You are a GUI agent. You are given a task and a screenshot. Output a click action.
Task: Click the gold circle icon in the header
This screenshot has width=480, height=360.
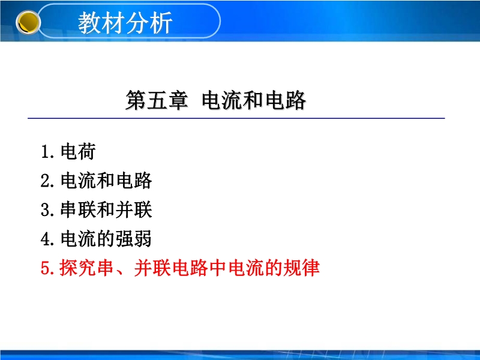(28, 22)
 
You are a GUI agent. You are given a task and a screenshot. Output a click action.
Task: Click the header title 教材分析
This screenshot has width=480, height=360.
(125, 23)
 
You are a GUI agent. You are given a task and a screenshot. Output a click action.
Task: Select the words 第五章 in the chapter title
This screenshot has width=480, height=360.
(157, 100)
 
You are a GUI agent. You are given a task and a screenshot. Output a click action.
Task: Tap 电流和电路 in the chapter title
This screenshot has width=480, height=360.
(253, 100)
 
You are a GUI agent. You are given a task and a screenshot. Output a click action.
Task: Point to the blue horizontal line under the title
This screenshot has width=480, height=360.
(236, 118)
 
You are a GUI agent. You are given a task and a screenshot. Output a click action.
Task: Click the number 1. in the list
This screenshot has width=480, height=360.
(48, 152)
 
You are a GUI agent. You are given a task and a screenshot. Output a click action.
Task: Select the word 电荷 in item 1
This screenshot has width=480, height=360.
(78, 152)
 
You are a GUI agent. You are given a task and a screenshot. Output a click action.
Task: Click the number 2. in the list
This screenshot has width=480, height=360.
(48, 181)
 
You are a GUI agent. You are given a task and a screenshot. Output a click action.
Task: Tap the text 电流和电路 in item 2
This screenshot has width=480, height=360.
(106, 181)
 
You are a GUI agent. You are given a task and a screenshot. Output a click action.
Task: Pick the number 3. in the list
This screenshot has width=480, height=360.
(48, 210)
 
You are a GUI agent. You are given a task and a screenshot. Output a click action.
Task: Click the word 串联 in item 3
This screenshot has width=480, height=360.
(78, 209)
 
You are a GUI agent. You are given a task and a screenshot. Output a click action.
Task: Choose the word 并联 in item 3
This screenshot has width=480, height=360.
(134, 209)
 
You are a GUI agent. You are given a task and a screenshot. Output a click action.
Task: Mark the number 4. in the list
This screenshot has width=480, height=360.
(48, 239)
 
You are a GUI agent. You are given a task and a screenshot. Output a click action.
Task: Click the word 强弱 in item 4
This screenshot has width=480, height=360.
(134, 239)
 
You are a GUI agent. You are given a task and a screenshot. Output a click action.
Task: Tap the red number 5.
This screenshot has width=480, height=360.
(48, 268)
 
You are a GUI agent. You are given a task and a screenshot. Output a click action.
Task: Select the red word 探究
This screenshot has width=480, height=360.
(78, 268)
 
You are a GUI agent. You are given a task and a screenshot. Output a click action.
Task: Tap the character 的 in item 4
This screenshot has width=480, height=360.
(106, 239)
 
